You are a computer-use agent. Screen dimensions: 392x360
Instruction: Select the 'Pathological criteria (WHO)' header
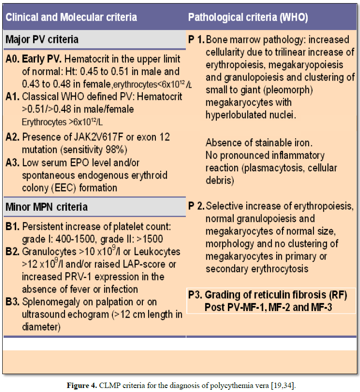click(x=248, y=17)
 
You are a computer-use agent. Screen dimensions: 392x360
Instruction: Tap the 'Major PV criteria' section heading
click(x=42, y=39)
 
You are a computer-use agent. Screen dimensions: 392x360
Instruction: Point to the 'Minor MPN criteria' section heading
click(x=47, y=207)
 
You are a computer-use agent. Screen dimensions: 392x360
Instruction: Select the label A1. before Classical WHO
click(x=13, y=96)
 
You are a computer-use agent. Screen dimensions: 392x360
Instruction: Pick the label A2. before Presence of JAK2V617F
click(x=13, y=137)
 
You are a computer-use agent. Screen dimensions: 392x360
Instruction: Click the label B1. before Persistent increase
click(x=13, y=226)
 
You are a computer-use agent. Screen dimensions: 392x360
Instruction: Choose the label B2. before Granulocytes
click(x=13, y=252)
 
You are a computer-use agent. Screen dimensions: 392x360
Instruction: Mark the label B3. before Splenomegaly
click(x=13, y=302)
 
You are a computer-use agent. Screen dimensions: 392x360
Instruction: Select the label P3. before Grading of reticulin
click(x=195, y=295)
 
